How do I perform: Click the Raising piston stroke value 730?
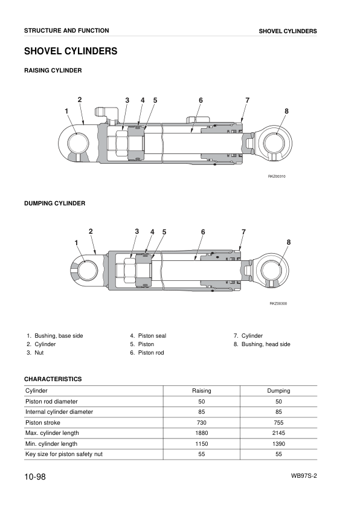coord(202,422)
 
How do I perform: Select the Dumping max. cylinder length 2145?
coord(278,433)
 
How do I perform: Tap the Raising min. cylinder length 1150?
coord(202,444)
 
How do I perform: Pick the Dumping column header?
coord(278,391)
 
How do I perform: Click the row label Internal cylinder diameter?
coord(59,412)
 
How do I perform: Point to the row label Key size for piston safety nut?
coord(64,454)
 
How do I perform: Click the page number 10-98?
coord(35,477)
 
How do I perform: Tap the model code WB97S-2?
coord(304,476)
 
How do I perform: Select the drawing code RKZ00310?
coord(277,176)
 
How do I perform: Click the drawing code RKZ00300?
coord(278,304)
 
